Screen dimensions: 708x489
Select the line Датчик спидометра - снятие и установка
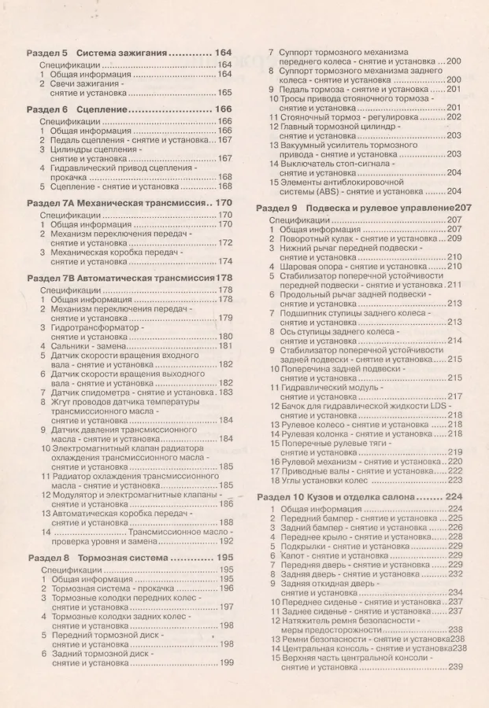pos(132,392)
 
